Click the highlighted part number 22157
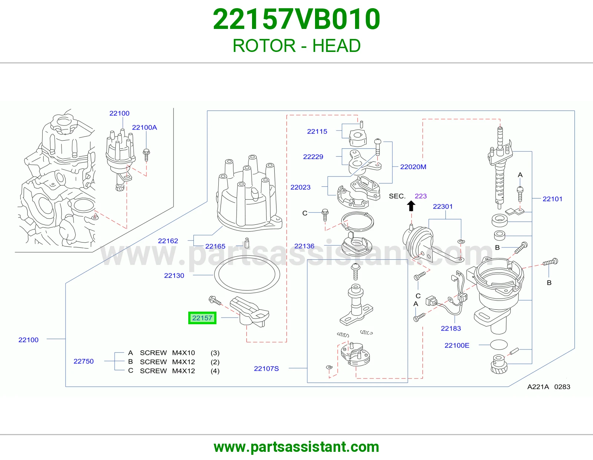202,318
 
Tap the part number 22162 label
168,241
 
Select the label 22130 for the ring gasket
174,276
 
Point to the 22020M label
413,167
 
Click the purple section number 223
421,196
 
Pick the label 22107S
266,369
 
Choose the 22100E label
457,345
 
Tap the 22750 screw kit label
83,361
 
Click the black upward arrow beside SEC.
411,206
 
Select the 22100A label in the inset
145,128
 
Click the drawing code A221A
538,387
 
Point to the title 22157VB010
296,19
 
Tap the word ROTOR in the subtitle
264,46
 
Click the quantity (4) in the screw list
215,371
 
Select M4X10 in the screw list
183,353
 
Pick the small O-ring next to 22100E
499,345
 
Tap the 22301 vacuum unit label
443,207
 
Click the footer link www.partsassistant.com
296,447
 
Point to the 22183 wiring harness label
451,329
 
